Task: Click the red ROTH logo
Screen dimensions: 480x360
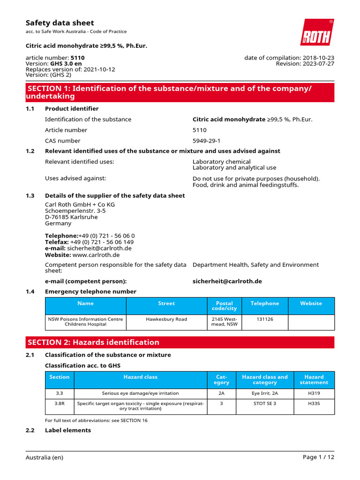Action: (317, 33)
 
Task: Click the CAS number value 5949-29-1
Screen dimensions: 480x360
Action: (207, 141)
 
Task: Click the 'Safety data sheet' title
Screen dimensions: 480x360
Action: (60, 23)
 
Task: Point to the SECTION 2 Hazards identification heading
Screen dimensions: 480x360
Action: (93, 342)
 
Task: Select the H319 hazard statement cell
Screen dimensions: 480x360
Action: (314, 393)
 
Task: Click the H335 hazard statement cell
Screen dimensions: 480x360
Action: (314, 404)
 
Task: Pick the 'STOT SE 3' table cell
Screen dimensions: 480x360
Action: (264, 404)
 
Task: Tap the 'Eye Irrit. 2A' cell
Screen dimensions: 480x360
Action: (264, 393)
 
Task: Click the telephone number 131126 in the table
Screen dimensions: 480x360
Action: (264, 319)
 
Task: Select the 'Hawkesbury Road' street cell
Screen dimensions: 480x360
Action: (166, 319)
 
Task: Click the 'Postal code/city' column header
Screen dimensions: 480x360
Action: (224, 306)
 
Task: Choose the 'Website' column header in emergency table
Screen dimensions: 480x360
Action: (311, 303)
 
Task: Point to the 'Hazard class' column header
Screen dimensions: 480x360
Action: (140, 377)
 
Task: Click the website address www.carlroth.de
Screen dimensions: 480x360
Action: (96, 255)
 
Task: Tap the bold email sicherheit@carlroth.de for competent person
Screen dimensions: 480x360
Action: (227, 281)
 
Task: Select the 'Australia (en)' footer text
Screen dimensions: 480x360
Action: (44, 457)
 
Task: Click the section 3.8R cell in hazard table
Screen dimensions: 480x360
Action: (59, 404)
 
